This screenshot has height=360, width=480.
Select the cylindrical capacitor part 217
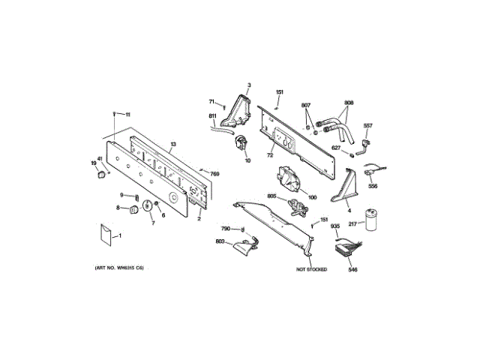pos(370,218)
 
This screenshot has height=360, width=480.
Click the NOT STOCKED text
pos(311,268)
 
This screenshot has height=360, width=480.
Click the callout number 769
pos(214,174)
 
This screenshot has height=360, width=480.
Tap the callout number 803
pos(220,241)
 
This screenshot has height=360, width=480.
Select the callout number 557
pos(367,125)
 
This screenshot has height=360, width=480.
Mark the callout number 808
pos(349,103)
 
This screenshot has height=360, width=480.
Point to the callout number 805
pos(271,196)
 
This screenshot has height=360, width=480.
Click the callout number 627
pos(336,148)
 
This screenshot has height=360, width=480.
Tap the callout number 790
pos(225,228)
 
